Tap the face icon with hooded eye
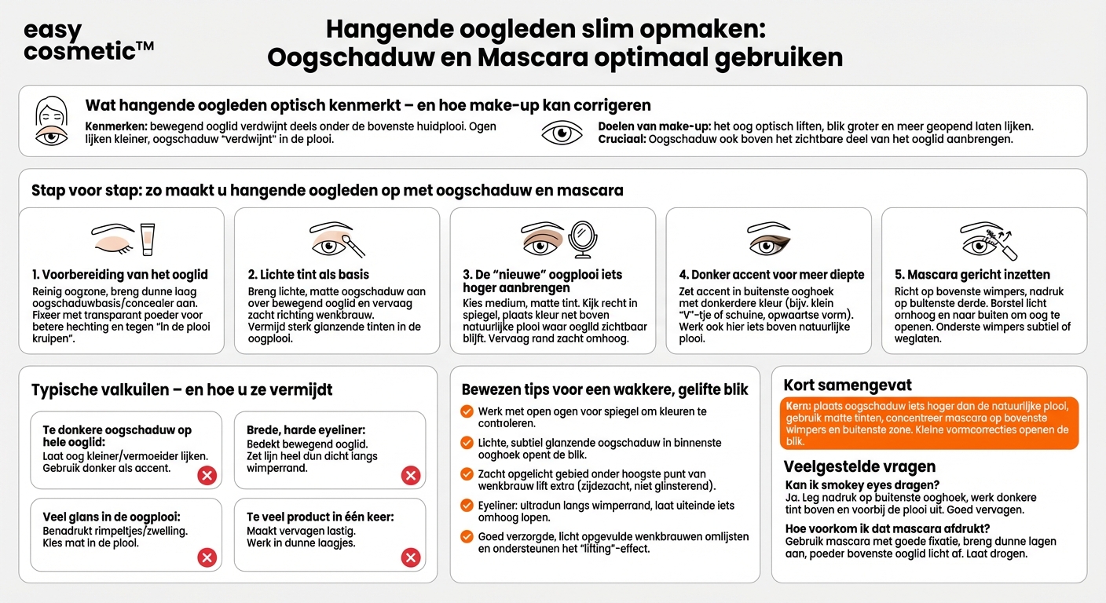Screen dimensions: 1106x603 click(52, 121)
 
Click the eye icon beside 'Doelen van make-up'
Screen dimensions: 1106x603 click(562, 133)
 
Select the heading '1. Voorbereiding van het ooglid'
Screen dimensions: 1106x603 click(120, 274)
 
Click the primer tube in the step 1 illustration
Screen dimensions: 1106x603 click(147, 239)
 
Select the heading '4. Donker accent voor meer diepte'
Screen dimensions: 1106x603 click(771, 275)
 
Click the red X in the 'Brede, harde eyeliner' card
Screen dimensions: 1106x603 click(410, 475)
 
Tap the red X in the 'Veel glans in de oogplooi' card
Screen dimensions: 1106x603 click(207, 557)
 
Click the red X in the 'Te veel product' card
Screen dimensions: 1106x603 click(410, 557)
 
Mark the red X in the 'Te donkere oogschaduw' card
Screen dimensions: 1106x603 click(207, 475)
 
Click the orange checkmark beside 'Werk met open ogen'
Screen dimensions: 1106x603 click(467, 411)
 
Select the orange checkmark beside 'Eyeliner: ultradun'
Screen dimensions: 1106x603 click(467, 506)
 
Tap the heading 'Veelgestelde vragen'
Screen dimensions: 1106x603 click(848, 467)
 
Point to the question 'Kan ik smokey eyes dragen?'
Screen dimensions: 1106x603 click(862, 485)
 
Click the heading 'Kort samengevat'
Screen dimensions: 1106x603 click(848, 385)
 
